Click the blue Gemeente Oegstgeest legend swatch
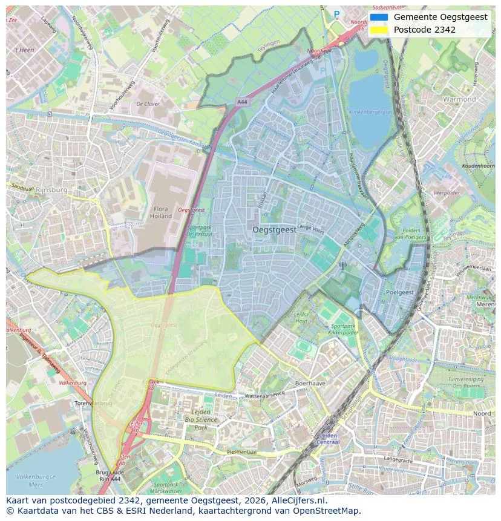(x=379, y=17)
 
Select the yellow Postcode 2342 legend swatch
(x=379, y=30)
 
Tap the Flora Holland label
(x=161, y=212)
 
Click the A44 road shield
(x=243, y=102)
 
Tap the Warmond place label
(x=459, y=99)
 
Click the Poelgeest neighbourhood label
(x=400, y=292)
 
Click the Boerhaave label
(x=310, y=384)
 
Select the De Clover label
(x=148, y=104)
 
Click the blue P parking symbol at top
(x=336, y=14)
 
